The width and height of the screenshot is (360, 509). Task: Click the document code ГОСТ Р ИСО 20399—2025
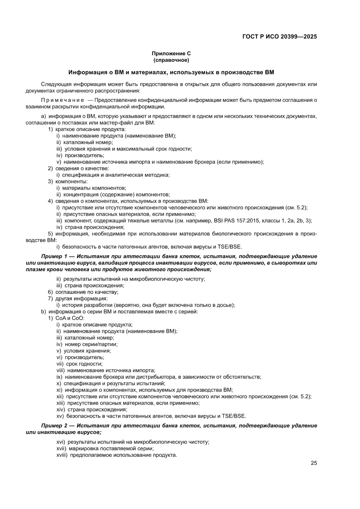tap(279, 37)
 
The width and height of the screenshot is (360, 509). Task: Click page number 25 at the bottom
tap(313, 463)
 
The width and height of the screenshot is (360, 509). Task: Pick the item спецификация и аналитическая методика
tap(116, 175)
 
